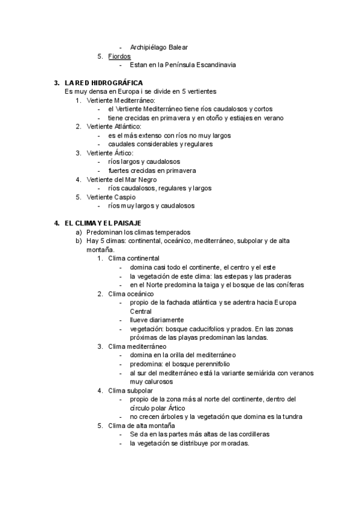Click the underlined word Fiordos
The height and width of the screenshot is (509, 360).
[x=119, y=56]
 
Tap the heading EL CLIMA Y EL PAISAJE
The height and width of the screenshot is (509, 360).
[x=103, y=223]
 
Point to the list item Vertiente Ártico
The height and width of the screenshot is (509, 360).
[x=110, y=153]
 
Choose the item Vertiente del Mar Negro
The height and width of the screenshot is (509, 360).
[x=122, y=179]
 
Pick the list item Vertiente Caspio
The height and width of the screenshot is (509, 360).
[x=111, y=197]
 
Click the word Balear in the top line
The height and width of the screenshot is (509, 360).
[x=193, y=47]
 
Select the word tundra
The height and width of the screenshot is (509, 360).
[x=290, y=417]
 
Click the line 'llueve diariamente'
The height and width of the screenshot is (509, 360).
[x=157, y=320]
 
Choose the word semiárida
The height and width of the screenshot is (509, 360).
[x=261, y=373]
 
